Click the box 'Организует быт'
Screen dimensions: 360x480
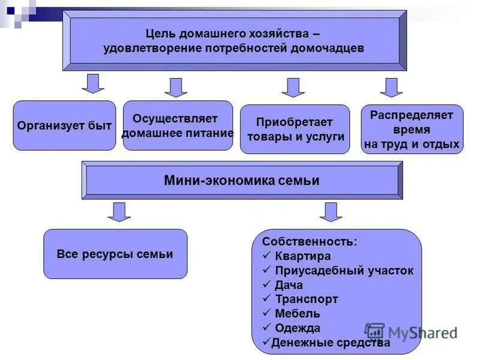pyautogui.click(x=64, y=125)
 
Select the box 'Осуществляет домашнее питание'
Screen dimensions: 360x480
pyautogui.click(x=177, y=125)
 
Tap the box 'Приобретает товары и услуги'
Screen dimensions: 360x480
pyautogui.click(x=295, y=129)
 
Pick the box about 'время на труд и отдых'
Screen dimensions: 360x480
pyautogui.click(x=412, y=129)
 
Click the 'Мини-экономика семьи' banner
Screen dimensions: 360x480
pyautogui.click(x=242, y=180)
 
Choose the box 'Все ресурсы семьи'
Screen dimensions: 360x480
pyautogui.click(x=115, y=254)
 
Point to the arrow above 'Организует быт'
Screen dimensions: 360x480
pyautogui.click(x=93, y=83)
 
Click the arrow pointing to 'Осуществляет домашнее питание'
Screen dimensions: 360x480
pyautogui.click(x=176, y=87)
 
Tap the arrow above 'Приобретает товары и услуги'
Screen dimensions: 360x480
pyautogui.click(x=293, y=87)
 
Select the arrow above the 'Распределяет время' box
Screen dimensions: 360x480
pyautogui.click(x=391, y=87)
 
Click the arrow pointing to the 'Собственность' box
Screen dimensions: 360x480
pyautogui.click(x=331, y=211)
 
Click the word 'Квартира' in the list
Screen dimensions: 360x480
pyautogui.click(x=302, y=256)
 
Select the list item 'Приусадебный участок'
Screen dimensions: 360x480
pyautogui.click(x=344, y=271)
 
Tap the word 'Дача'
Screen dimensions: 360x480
pyautogui.click(x=289, y=285)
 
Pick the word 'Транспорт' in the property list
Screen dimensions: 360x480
pyautogui.click(x=306, y=299)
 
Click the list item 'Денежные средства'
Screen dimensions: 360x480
pyautogui.click(x=331, y=343)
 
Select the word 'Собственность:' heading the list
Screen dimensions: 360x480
pyautogui.click(x=309, y=241)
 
